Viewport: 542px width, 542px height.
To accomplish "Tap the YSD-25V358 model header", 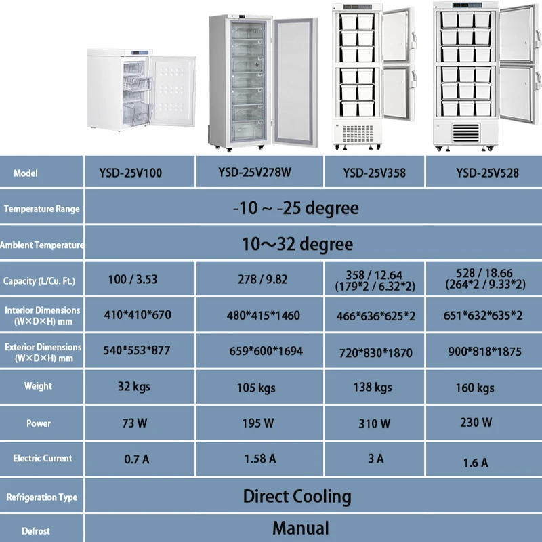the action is coord(375,173).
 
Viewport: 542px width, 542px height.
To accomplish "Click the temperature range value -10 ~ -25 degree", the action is coord(295,208).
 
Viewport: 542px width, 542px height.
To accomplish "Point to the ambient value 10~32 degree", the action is coord(297,243).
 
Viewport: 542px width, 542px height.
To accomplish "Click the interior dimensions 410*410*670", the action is coord(137,315).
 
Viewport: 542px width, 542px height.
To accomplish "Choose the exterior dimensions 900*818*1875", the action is coord(484,352).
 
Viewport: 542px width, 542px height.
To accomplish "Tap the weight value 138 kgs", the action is coord(373,387).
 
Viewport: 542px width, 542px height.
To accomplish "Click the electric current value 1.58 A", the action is coord(260,459).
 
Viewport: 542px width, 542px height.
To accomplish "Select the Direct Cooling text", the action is coord(297,496).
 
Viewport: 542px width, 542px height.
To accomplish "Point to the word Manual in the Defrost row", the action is coord(301,528).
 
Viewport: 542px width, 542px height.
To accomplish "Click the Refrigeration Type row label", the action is coord(42,497).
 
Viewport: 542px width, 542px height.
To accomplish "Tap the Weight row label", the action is coord(38,386).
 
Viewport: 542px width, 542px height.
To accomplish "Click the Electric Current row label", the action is coord(43,459).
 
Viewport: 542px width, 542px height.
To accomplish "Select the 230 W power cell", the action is coord(476,422).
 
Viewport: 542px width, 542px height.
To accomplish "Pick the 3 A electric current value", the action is coord(376,459).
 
